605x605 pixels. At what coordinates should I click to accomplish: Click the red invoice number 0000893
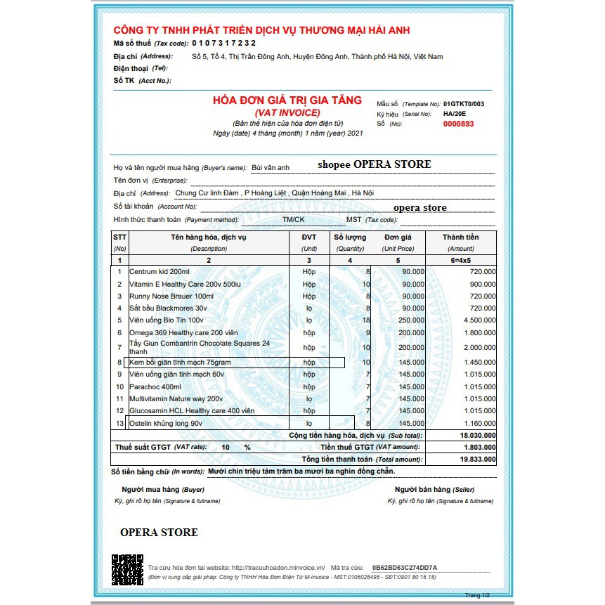[458, 124]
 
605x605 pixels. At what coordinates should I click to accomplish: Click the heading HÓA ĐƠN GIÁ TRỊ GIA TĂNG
[287, 100]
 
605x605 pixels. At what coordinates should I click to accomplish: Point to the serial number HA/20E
[454, 113]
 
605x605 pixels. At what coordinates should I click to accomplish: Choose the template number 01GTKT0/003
[463, 103]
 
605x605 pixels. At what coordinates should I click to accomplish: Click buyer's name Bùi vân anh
[271, 168]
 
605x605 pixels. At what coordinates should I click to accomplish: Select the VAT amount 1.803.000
[477, 447]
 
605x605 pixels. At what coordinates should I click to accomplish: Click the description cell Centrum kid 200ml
[160, 271]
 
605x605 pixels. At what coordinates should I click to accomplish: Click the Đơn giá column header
[397, 238]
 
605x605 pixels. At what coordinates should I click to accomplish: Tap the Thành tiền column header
[460, 238]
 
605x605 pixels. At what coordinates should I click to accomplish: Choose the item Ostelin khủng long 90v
[166, 424]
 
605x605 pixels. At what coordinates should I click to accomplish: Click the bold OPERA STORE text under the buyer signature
[159, 532]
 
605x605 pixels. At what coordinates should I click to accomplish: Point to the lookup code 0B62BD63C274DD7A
[404, 567]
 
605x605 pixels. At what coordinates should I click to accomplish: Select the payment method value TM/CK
[294, 220]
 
